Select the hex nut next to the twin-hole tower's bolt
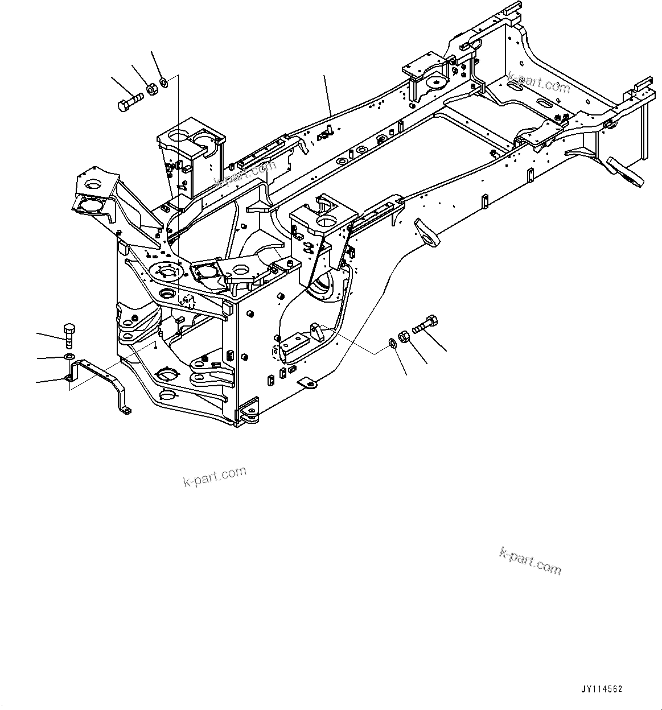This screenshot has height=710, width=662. pos(151,89)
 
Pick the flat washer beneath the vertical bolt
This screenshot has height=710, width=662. pos(68,356)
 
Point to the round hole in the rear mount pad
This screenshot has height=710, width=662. pos(437,83)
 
